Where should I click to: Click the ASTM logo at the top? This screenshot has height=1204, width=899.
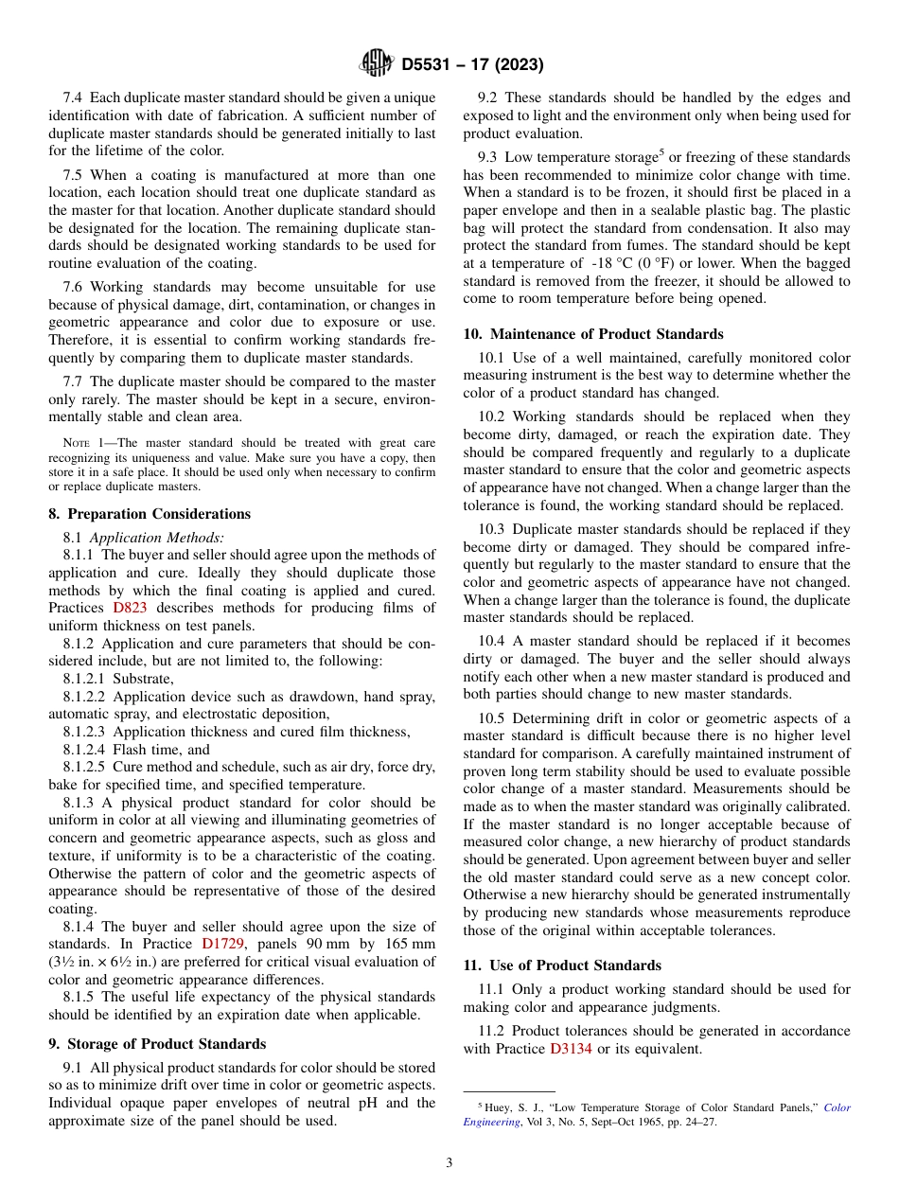point(377,64)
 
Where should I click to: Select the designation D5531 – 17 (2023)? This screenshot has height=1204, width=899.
point(472,65)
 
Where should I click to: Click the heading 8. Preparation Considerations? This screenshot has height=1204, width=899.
point(150,514)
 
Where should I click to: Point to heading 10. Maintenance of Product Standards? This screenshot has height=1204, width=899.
point(593,334)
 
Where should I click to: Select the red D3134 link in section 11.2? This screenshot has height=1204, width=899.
point(571,1049)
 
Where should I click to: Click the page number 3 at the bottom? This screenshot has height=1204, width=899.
point(449,1163)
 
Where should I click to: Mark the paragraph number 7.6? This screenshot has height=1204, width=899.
point(75,287)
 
